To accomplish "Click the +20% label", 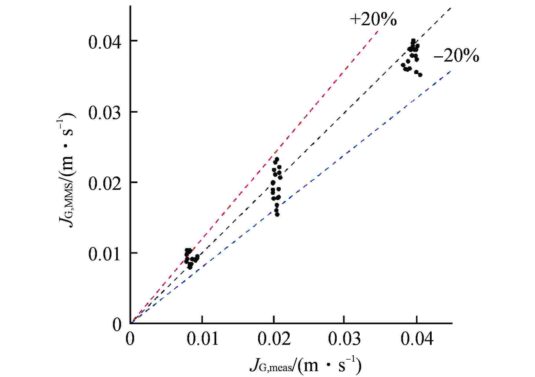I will pos(373,20).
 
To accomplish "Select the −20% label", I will pos(456,56).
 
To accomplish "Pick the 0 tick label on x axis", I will pos(130,338).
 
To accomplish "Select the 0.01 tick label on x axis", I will pos(202,338).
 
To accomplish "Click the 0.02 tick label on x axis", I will pos(274,338).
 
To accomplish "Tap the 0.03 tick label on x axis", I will pos(345,338).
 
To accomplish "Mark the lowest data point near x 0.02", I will pos(277,214).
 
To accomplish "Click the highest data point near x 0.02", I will pos(277,159).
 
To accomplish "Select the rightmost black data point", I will pos(420,75).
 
